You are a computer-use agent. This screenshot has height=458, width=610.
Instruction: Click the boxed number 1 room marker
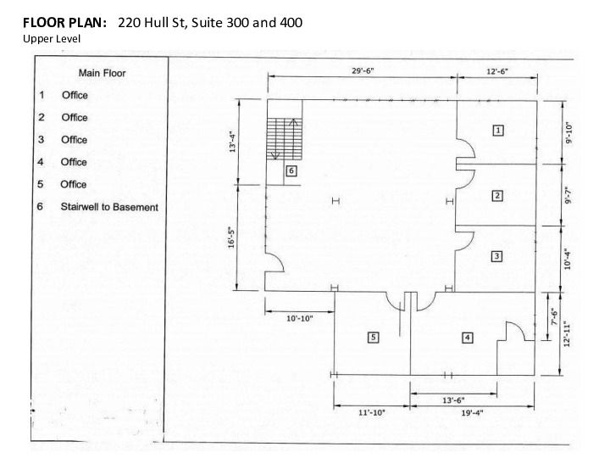(x=498, y=130)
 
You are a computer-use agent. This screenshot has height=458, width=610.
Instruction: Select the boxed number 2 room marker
(x=497, y=196)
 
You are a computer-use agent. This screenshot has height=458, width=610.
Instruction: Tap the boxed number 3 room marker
(x=496, y=256)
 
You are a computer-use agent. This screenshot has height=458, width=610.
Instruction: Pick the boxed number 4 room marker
(x=467, y=338)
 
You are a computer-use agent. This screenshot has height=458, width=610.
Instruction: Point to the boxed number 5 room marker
(x=373, y=338)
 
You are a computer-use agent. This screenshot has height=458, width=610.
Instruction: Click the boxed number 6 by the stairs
(x=291, y=170)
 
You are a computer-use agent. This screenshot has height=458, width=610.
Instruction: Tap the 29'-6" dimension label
(x=363, y=71)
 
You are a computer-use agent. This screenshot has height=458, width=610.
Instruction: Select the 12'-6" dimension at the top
(x=497, y=71)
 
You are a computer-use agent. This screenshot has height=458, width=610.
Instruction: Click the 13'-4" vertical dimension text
(x=233, y=142)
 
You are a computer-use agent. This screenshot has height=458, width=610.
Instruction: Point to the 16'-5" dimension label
(x=232, y=237)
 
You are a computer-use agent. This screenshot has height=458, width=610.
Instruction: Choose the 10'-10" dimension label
(x=300, y=319)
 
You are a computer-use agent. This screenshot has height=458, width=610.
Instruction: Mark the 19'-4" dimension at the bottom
(x=472, y=413)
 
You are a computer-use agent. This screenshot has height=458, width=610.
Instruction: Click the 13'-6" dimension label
(x=453, y=400)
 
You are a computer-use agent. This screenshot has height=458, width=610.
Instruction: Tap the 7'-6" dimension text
(x=554, y=316)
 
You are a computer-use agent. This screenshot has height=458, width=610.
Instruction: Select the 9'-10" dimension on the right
(x=569, y=133)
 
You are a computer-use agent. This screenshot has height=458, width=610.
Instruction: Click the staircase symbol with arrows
(x=285, y=138)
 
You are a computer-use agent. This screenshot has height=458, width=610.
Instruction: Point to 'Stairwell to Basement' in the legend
(x=109, y=207)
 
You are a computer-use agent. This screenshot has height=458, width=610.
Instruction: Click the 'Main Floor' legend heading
(x=102, y=73)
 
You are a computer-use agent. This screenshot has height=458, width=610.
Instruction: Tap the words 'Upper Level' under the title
(x=52, y=39)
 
